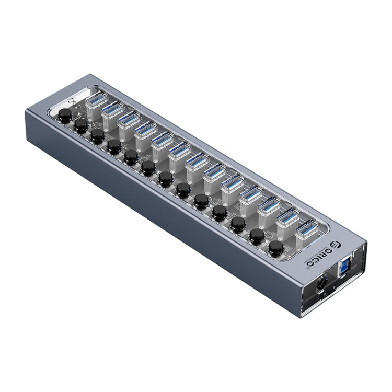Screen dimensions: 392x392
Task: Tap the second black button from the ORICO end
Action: [256, 236]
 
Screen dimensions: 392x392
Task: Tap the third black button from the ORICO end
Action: [238, 224]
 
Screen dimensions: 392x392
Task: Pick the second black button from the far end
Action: [80, 124]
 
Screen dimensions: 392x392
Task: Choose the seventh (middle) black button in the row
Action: [166, 178]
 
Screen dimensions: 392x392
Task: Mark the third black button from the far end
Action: [97, 135]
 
